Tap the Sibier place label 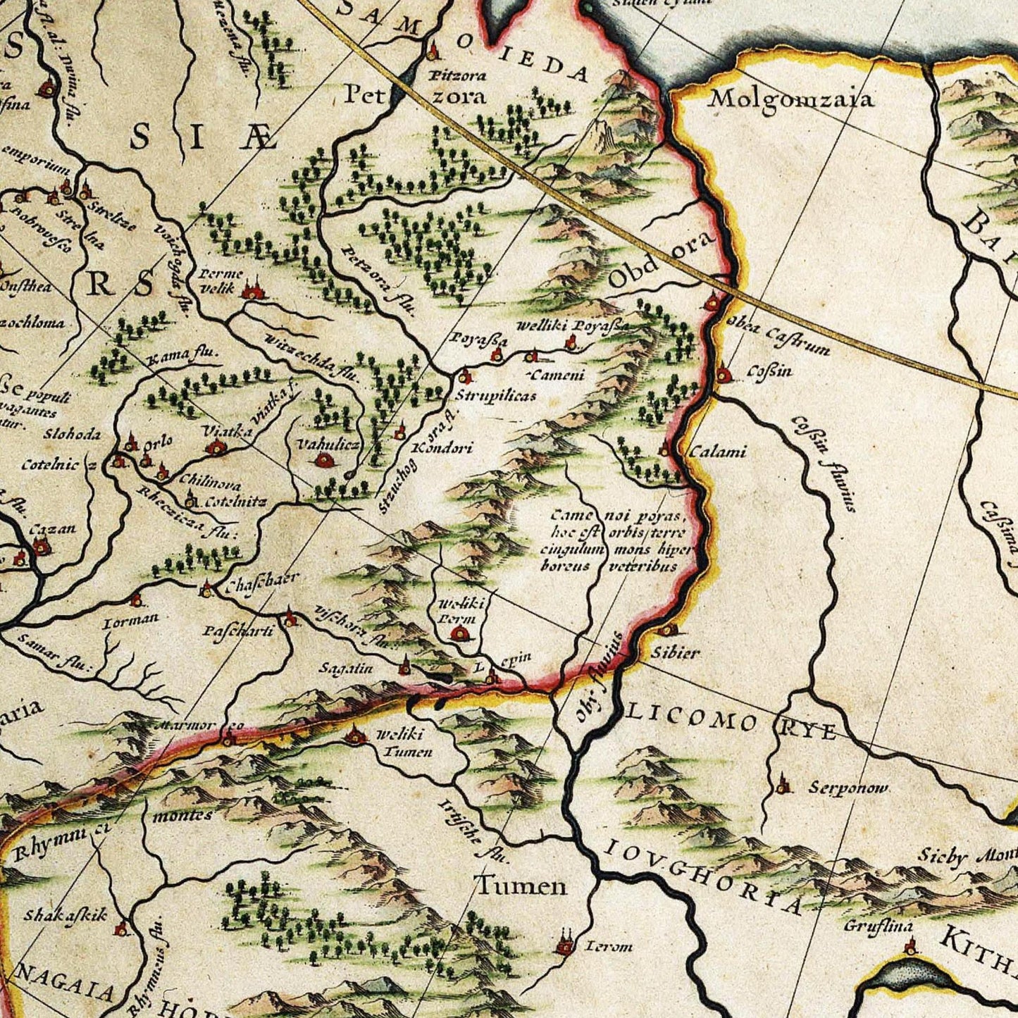[674, 653]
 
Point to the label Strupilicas [495, 395]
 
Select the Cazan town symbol [41, 545]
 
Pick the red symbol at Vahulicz [324, 460]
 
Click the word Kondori [441, 448]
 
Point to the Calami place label [716, 452]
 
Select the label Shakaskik [66, 915]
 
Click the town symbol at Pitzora [433, 51]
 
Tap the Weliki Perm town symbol [461, 634]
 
